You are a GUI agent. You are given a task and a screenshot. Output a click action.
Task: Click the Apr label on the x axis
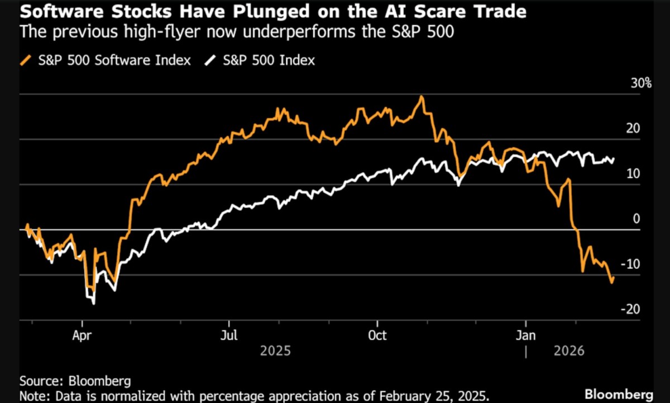[x=82, y=336]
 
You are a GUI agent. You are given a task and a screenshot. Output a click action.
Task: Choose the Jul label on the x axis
[x=229, y=336]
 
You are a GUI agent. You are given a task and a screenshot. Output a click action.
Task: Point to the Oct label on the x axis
[x=377, y=336]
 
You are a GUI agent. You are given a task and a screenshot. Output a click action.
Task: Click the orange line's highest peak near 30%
[x=422, y=97]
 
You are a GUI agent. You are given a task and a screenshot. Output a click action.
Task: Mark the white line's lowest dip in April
[x=93, y=303]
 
